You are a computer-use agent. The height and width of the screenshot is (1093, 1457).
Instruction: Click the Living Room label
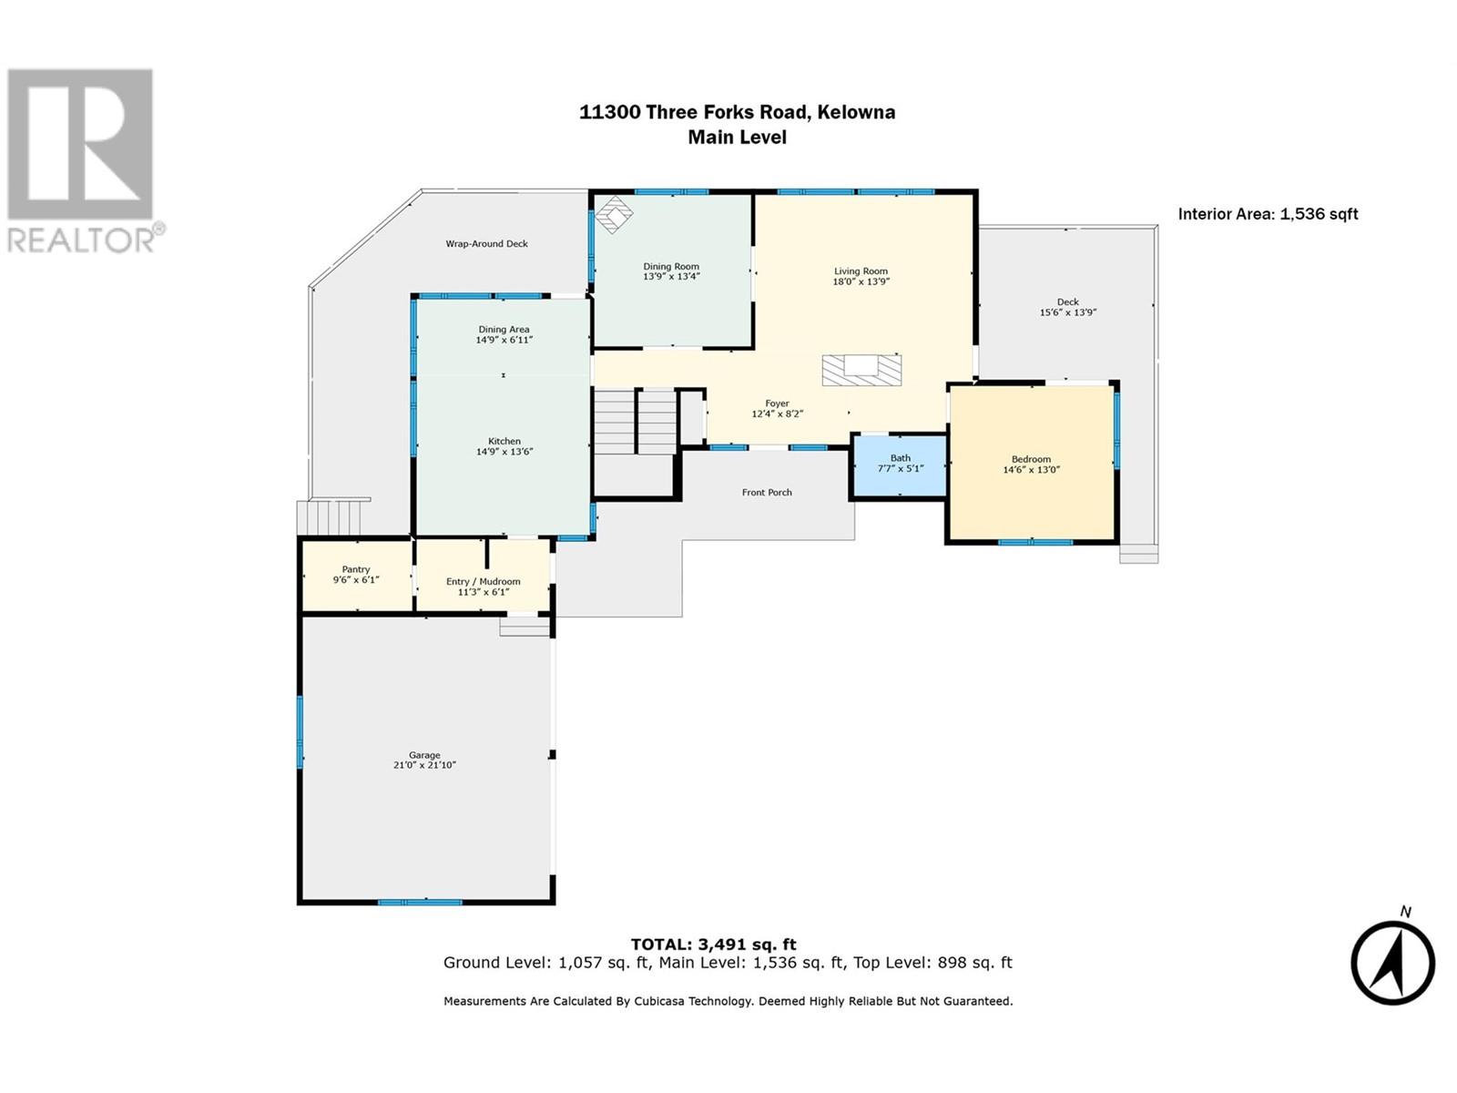[861, 271]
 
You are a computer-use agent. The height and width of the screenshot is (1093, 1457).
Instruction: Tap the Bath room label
[900, 458]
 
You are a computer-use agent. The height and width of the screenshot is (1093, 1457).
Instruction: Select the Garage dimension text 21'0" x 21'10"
[424, 765]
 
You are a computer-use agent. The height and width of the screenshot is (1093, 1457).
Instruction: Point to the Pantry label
[356, 569]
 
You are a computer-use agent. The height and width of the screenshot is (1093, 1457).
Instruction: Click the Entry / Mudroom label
[483, 581]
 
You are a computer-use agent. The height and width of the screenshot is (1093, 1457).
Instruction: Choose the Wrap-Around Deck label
[486, 243]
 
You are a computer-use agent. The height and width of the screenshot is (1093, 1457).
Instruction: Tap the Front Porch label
[767, 493]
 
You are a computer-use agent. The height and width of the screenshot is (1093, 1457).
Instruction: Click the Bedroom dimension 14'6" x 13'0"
[1031, 470]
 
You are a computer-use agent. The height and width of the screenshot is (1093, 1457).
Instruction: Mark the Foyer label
[777, 403]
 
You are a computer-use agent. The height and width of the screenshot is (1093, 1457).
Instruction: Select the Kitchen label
[504, 442]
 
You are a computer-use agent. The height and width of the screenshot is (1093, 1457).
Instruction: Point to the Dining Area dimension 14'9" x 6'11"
[504, 340]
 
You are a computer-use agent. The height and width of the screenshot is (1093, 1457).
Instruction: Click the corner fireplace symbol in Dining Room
[614, 214]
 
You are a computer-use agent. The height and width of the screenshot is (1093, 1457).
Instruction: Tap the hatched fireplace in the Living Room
[861, 371]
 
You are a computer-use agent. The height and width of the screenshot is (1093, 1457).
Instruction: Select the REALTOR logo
[81, 161]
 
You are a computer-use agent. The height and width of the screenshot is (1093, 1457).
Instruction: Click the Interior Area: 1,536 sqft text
[1268, 214]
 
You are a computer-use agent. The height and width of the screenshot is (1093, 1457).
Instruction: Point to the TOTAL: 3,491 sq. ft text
[713, 944]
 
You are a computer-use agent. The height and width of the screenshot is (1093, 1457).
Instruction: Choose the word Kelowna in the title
[856, 112]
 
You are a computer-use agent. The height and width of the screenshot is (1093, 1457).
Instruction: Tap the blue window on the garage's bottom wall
[420, 902]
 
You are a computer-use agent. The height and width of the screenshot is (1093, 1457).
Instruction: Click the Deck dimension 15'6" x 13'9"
[1067, 312]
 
